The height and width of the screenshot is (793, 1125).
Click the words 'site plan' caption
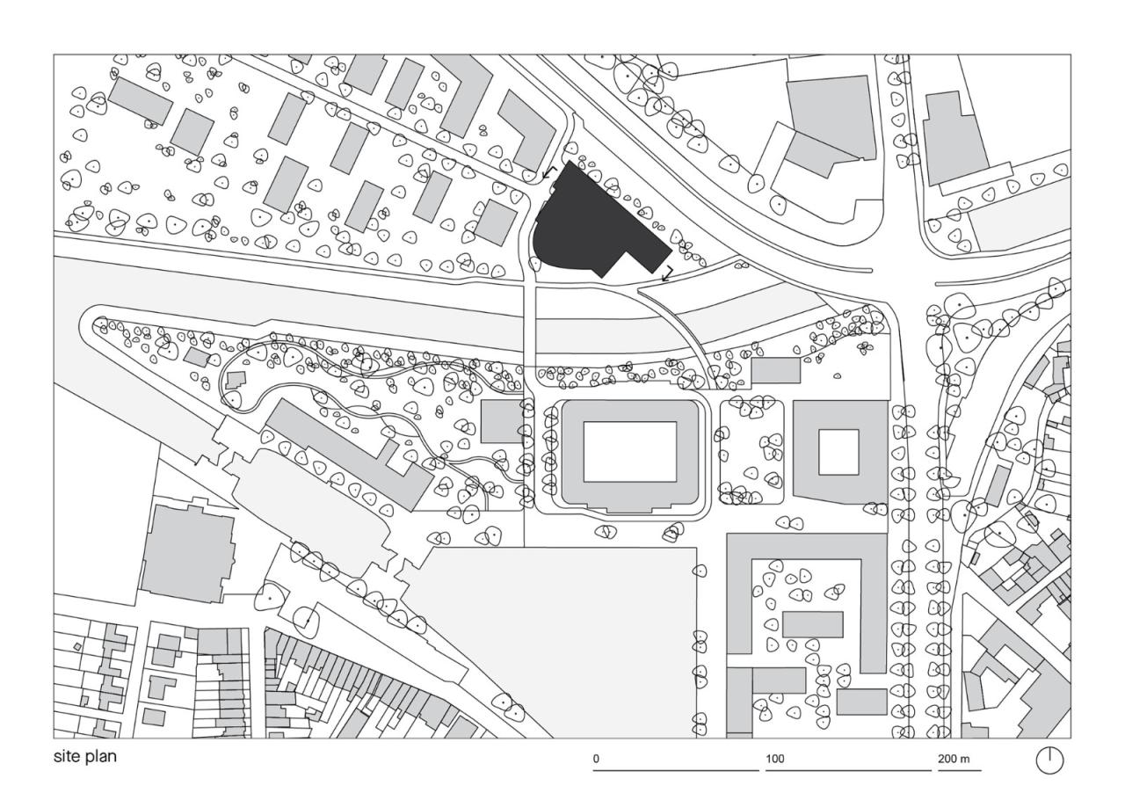[x=85, y=756]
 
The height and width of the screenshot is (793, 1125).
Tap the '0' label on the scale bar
[x=596, y=758]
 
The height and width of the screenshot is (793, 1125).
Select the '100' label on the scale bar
[x=775, y=758]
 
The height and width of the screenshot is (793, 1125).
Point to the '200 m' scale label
[x=953, y=758]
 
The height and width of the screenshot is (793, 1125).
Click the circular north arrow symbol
[x=1049, y=760]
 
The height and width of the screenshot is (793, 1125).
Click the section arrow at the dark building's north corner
[x=549, y=172]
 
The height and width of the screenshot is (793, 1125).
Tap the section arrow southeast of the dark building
[x=667, y=273]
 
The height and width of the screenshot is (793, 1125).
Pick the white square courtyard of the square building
[x=838, y=452]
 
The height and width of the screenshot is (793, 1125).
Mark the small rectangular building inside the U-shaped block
[x=812, y=624]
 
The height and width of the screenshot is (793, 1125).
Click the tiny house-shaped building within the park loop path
[x=236, y=381]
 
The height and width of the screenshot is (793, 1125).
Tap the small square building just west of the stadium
[x=501, y=422]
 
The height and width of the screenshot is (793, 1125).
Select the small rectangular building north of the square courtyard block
[x=776, y=371]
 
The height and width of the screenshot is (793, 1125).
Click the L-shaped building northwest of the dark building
[x=527, y=130]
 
